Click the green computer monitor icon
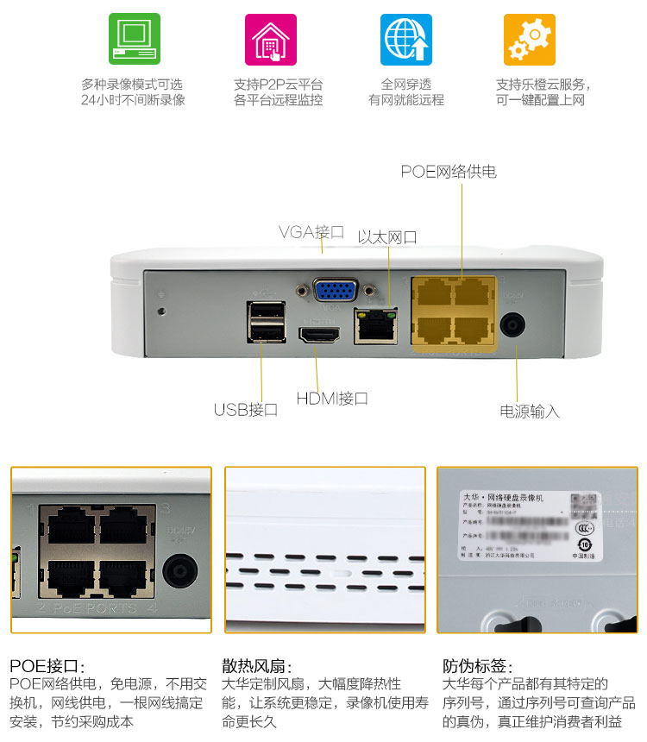coord(134,39)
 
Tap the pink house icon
coord(270,39)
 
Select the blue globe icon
coord(405,39)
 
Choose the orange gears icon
coord(529,39)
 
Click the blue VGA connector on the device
coord(336,291)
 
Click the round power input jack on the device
coord(514,326)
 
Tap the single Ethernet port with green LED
coord(375,325)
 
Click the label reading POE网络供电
coord(449,172)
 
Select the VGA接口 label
coord(311,232)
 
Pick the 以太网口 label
coord(387,237)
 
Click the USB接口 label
coord(246,410)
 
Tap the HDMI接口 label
coord(332,399)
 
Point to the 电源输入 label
coord(530,412)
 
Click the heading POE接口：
coord(47,666)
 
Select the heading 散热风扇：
coord(257,666)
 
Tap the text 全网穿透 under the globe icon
coord(405,85)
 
